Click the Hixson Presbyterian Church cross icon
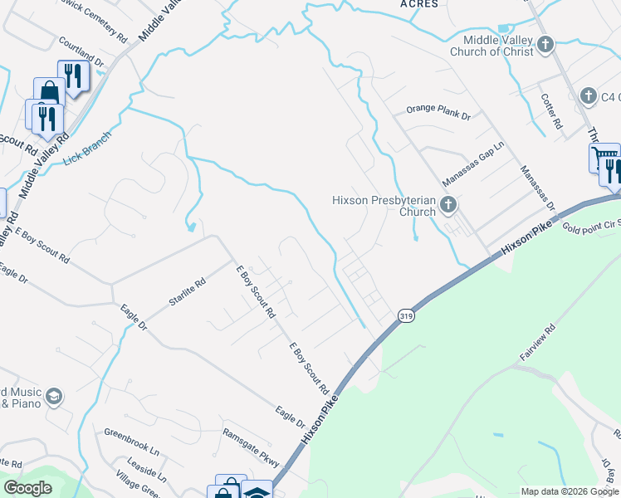point(448,204)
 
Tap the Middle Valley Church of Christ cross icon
point(545,44)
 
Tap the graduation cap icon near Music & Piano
point(55,396)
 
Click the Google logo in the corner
point(27,488)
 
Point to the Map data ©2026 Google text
point(569,491)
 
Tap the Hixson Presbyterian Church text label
point(384,205)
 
